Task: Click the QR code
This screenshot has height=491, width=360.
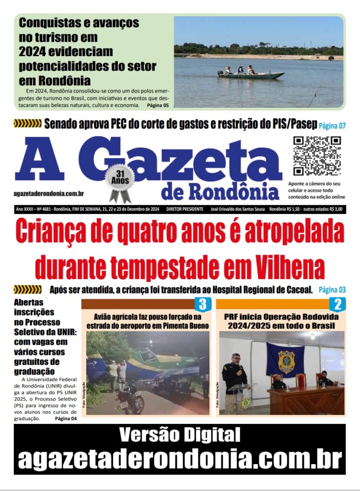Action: point(317,156)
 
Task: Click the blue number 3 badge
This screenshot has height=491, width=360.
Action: point(202,304)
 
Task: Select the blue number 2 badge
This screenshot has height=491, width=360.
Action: point(337,304)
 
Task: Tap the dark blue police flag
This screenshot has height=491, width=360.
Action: point(285,360)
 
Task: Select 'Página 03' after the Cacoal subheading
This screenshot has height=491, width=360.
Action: point(332,290)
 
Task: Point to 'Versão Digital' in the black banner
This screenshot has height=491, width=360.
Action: point(180,435)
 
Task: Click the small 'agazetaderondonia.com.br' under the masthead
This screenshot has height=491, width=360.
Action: point(49,193)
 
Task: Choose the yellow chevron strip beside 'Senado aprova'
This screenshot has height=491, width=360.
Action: point(27,124)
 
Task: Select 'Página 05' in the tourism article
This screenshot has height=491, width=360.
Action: point(158,105)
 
